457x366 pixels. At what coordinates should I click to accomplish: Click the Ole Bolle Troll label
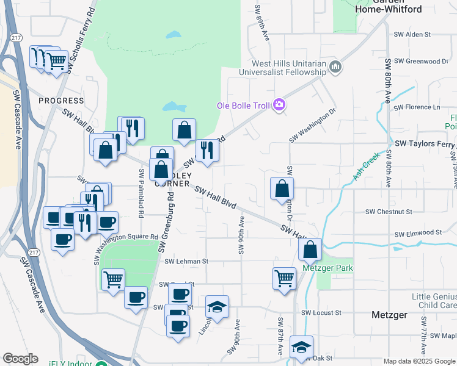tap(243, 106)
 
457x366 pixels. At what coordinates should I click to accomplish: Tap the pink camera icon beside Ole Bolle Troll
tap(279, 105)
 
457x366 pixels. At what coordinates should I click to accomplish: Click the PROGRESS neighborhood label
tap(61, 101)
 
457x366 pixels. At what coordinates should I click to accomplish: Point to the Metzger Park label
tap(327, 268)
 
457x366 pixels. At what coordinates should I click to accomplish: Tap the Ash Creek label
tap(367, 165)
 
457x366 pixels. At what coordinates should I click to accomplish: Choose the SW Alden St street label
tap(412, 35)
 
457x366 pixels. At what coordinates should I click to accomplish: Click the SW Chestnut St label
tap(389, 212)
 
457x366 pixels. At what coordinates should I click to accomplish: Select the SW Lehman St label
tap(186, 261)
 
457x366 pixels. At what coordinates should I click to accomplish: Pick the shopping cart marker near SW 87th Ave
tap(285, 278)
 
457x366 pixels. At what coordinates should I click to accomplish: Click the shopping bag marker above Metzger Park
tap(310, 249)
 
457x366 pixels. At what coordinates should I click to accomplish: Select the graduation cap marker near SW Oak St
tap(301, 346)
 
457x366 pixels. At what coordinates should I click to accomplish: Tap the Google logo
tap(21, 359)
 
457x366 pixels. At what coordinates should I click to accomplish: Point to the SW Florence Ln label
tap(417, 107)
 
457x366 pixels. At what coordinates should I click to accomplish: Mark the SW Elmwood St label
tap(418, 233)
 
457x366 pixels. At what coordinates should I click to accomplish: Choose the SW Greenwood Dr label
tap(421, 61)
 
